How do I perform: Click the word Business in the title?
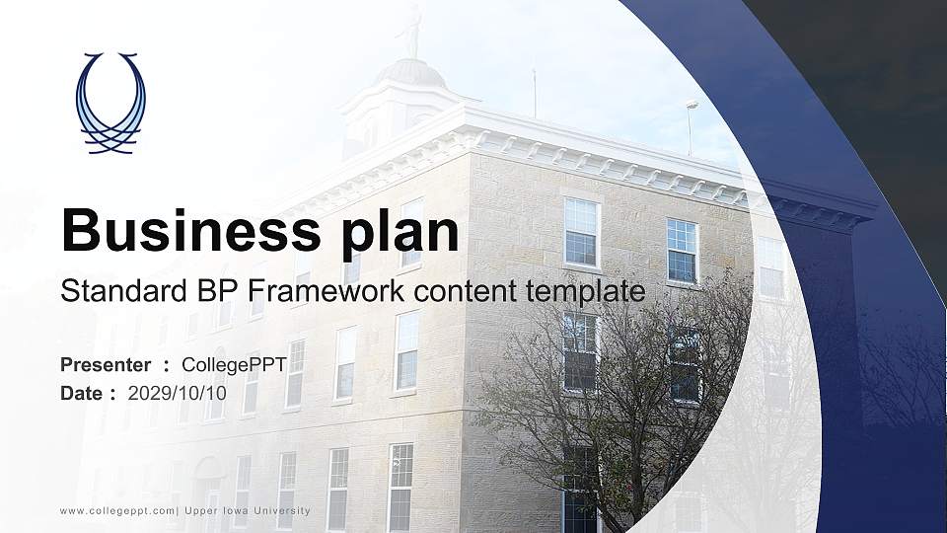point(190,230)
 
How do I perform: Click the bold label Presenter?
point(106,365)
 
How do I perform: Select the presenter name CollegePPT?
point(234,365)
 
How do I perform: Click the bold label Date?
point(82,394)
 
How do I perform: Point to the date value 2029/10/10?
point(177,394)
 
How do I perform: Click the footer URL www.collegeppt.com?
point(117,511)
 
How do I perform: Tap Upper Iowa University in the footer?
point(247,511)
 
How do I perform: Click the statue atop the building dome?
point(413,31)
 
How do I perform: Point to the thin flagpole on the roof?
point(534,94)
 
